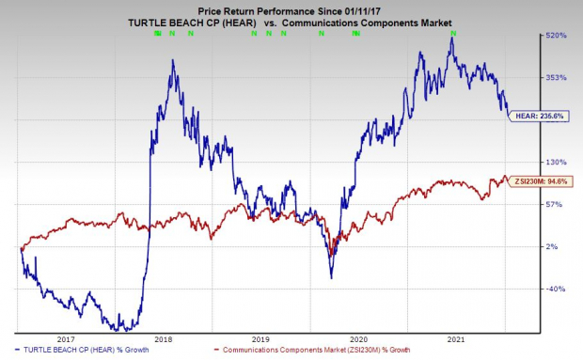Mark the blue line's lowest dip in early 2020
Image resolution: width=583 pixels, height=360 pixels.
point(330,277)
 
